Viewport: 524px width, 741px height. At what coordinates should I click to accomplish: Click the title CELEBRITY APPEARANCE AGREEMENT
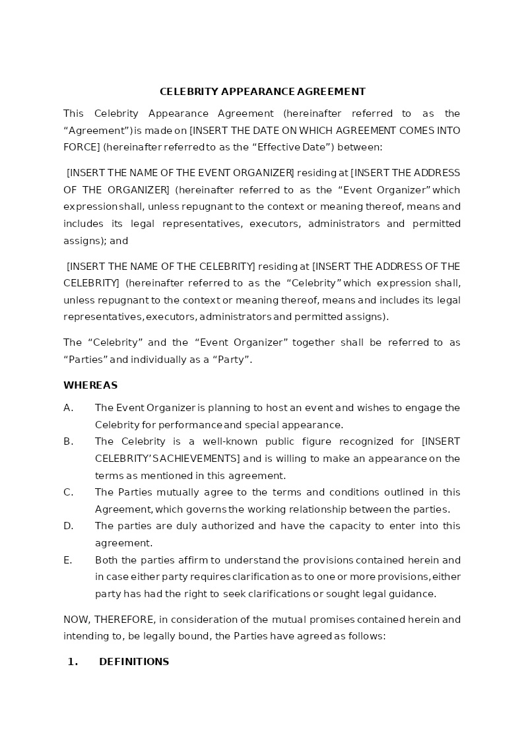point(262,92)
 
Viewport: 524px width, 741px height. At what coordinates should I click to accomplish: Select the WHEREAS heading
point(90,385)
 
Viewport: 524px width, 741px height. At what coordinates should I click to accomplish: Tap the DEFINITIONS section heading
point(134,662)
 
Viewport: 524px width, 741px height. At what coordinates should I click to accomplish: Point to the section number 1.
point(73,662)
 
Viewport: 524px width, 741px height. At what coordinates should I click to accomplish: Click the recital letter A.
point(68,408)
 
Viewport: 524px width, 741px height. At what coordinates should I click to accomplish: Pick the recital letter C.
point(68,492)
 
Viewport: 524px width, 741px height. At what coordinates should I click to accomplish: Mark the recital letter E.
point(67,560)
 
